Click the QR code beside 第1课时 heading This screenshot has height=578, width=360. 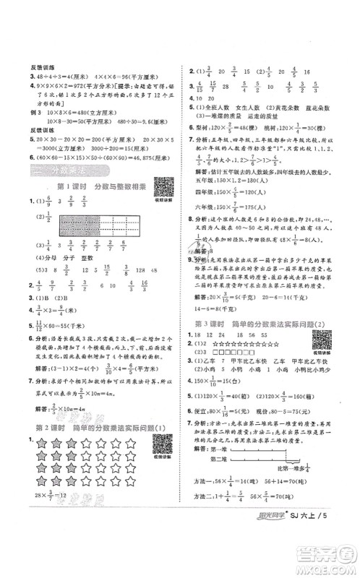(x=163, y=189)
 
